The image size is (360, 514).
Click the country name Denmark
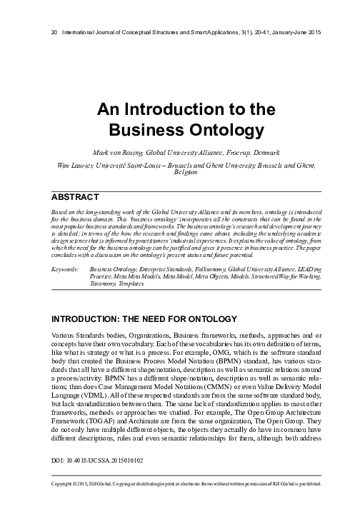[x=264, y=152]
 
